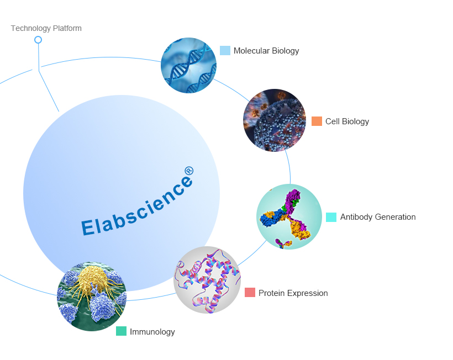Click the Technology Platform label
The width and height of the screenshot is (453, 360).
[x=46, y=28]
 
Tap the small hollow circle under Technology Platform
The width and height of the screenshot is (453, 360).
[x=38, y=40]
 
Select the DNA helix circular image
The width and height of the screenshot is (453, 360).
[x=188, y=65]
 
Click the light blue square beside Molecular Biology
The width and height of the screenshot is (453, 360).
[x=225, y=50]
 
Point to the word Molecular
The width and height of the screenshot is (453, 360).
[x=251, y=50]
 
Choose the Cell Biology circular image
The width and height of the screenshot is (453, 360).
[x=275, y=120]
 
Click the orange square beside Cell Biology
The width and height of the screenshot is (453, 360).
[x=317, y=121]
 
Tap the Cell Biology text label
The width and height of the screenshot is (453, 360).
[x=347, y=121]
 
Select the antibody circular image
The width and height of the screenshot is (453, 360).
[x=289, y=216]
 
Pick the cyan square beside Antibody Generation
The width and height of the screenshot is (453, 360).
[x=331, y=217]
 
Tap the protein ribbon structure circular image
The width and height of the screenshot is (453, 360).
[x=207, y=280]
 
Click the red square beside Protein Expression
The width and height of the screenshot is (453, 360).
[x=250, y=292]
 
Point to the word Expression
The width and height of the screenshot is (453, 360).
[x=307, y=293]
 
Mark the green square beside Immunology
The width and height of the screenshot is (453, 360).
[x=121, y=331]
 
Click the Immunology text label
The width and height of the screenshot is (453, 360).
[x=152, y=332]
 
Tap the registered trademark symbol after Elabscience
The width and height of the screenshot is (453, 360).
[x=189, y=171]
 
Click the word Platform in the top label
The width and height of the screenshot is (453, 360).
[x=67, y=28]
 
